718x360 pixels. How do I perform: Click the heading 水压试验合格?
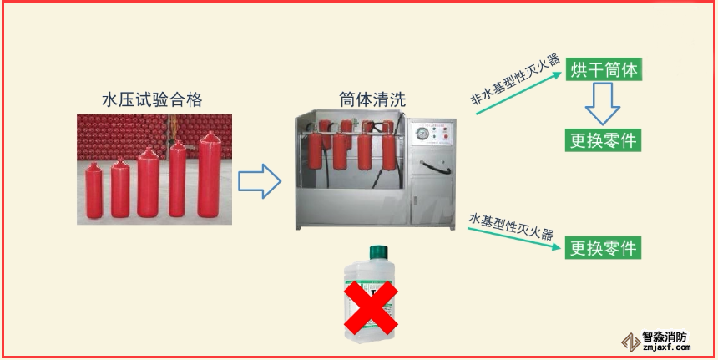(x=152, y=100)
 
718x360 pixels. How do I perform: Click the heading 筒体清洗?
(x=372, y=99)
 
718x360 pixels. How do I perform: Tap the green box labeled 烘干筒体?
(x=604, y=69)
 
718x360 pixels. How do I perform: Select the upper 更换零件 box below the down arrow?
(x=604, y=140)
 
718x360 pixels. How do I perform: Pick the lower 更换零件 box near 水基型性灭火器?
(x=603, y=248)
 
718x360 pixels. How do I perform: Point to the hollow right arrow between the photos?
(x=259, y=181)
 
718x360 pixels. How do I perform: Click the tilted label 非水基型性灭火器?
(x=517, y=79)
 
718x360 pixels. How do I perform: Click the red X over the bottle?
(x=371, y=307)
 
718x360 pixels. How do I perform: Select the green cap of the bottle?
(x=379, y=252)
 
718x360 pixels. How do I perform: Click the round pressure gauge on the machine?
(x=422, y=134)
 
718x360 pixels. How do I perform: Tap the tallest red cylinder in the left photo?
(x=210, y=175)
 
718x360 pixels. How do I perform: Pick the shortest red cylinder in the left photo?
(x=94, y=190)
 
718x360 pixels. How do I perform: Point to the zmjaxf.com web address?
(x=666, y=347)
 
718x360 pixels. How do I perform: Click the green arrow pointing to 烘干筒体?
(x=518, y=93)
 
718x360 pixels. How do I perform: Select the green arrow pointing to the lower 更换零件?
(x=513, y=238)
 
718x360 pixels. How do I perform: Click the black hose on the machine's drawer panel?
(x=434, y=167)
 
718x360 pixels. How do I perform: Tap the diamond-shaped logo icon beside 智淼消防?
(x=631, y=342)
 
